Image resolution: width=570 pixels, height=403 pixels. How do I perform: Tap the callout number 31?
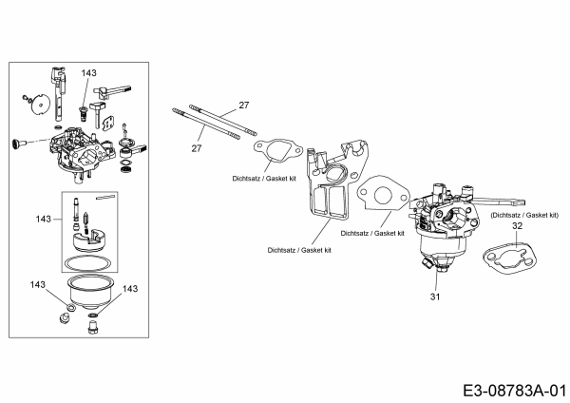click(x=435, y=297)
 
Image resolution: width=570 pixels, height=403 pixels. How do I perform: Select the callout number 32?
click(x=518, y=227)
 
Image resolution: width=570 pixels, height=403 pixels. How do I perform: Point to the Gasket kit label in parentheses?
click(x=524, y=216)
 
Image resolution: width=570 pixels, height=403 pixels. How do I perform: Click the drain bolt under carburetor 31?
click(x=432, y=276)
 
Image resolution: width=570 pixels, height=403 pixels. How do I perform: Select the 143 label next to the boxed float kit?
click(x=42, y=218)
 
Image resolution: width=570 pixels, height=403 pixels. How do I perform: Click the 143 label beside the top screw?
click(x=88, y=72)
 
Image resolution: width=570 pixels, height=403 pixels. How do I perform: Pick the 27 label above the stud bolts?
click(x=243, y=104)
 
